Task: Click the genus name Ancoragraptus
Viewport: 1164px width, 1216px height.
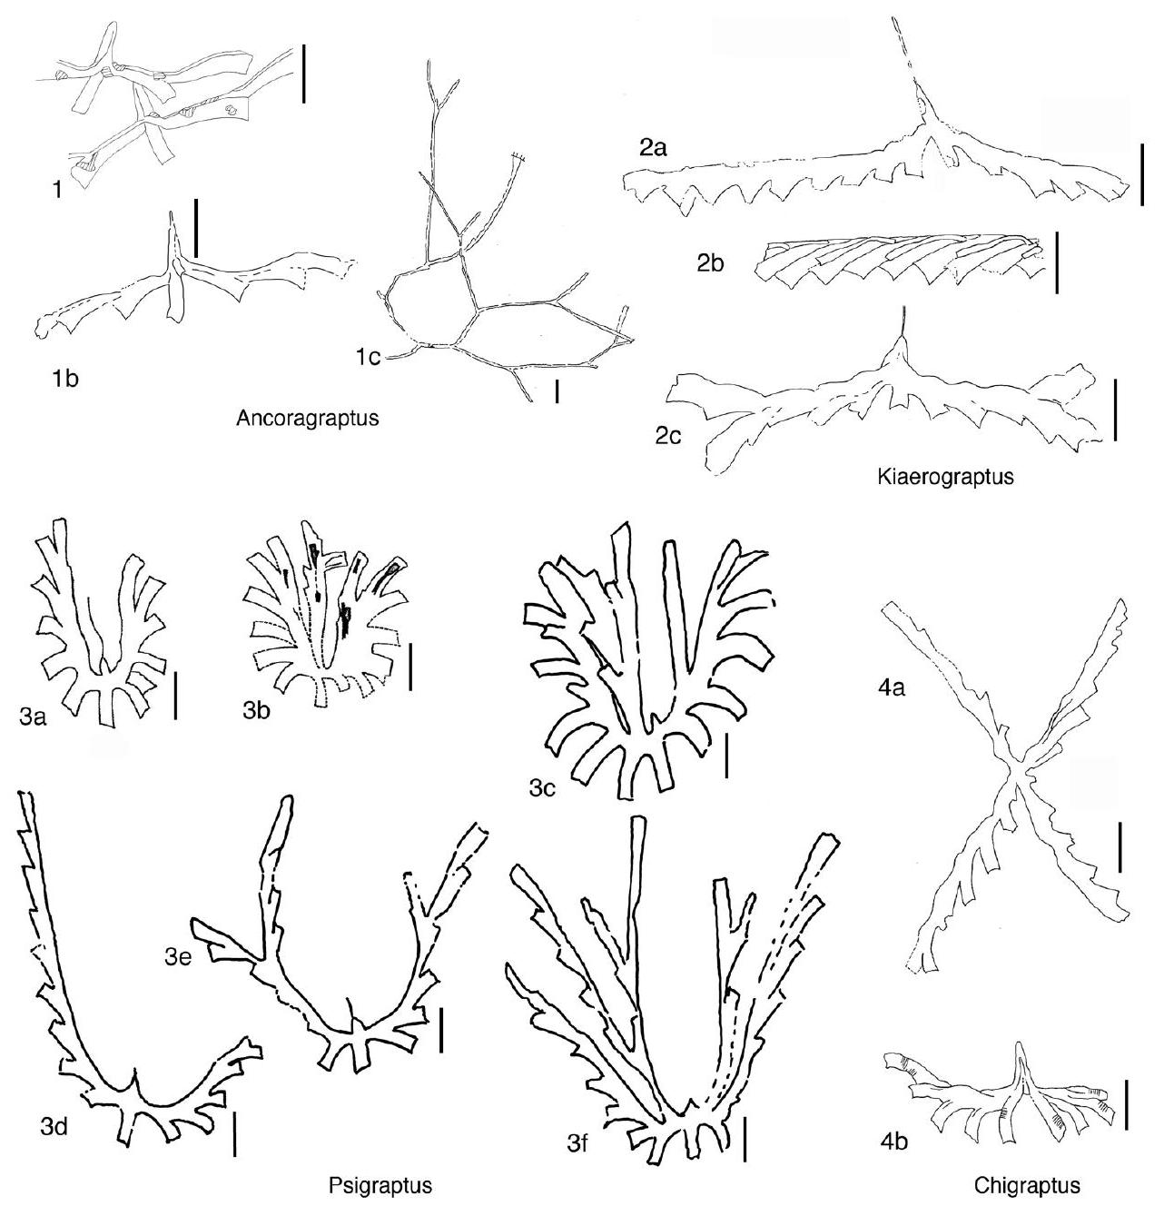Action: pos(308,418)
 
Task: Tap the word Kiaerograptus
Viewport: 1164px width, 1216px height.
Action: pos(945,478)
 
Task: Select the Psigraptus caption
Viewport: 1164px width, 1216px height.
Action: pos(380,1185)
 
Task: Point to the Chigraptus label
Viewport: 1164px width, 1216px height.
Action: pos(1027,1185)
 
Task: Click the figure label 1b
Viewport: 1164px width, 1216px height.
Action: pos(65,379)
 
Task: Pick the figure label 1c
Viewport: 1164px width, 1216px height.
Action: pos(369,358)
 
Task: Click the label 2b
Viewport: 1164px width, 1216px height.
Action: pos(711,263)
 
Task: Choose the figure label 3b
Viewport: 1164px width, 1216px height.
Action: pos(256,711)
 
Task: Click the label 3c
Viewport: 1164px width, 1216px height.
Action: pos(542,789)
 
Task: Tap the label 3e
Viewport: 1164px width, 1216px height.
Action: pos(179,956)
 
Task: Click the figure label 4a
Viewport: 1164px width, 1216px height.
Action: pos(891,689)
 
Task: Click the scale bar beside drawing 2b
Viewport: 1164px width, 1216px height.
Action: pos(1056,262)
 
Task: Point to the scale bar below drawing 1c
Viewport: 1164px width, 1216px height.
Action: pos(557,392)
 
